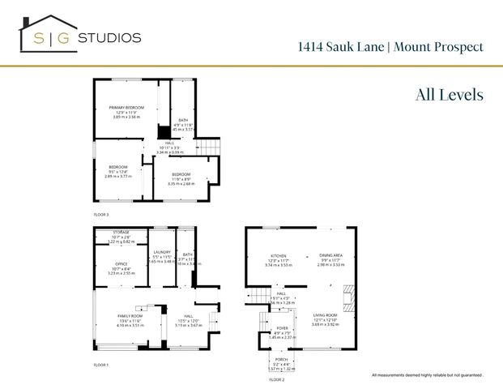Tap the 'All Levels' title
pyautogui.click(x=449, y=95)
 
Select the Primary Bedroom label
pyautogui.click(x=127, y=108)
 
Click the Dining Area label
pyautogui.click(x=330, y=255)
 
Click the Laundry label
pyautogui.click(x=161, y=254)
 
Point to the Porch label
pyautogui.click(x=281, y=359)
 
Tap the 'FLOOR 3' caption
pyautogui.click(x=100, y=214)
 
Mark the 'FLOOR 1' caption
pyautogui.click(x=100, y=365)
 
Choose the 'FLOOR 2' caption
pyautogui.click(x=276, y=378)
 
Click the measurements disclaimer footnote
pyautogui.click(x=426, y=375)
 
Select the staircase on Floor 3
pyautogui.click(x=210, y=147)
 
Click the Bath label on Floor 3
pyautogui.click(x=183, y=120)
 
